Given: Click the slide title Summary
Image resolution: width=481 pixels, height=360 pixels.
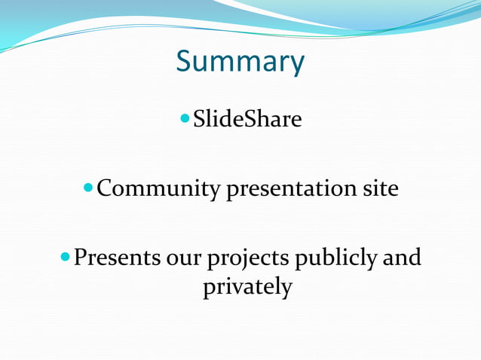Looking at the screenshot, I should pos(240,62).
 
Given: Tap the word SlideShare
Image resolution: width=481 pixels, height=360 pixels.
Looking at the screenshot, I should pos(247,119).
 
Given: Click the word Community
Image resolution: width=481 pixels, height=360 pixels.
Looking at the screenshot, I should pos(159,188).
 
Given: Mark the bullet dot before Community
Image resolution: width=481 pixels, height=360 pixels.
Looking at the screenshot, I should pos(89,188).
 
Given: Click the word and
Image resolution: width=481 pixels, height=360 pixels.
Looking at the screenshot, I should pos(402,258).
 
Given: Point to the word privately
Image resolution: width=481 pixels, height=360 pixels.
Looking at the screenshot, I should pos(247,287).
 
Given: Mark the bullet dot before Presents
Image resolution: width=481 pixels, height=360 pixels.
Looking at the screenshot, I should pos(66,258).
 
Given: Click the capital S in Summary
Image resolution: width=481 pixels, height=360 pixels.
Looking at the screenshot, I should pos(184,62).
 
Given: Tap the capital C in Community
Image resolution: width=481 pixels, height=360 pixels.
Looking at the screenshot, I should pos(106,188).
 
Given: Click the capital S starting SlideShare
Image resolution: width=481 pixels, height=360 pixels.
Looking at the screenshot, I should pos(200,119).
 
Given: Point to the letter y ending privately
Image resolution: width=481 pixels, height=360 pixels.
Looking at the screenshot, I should pos(285,289).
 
